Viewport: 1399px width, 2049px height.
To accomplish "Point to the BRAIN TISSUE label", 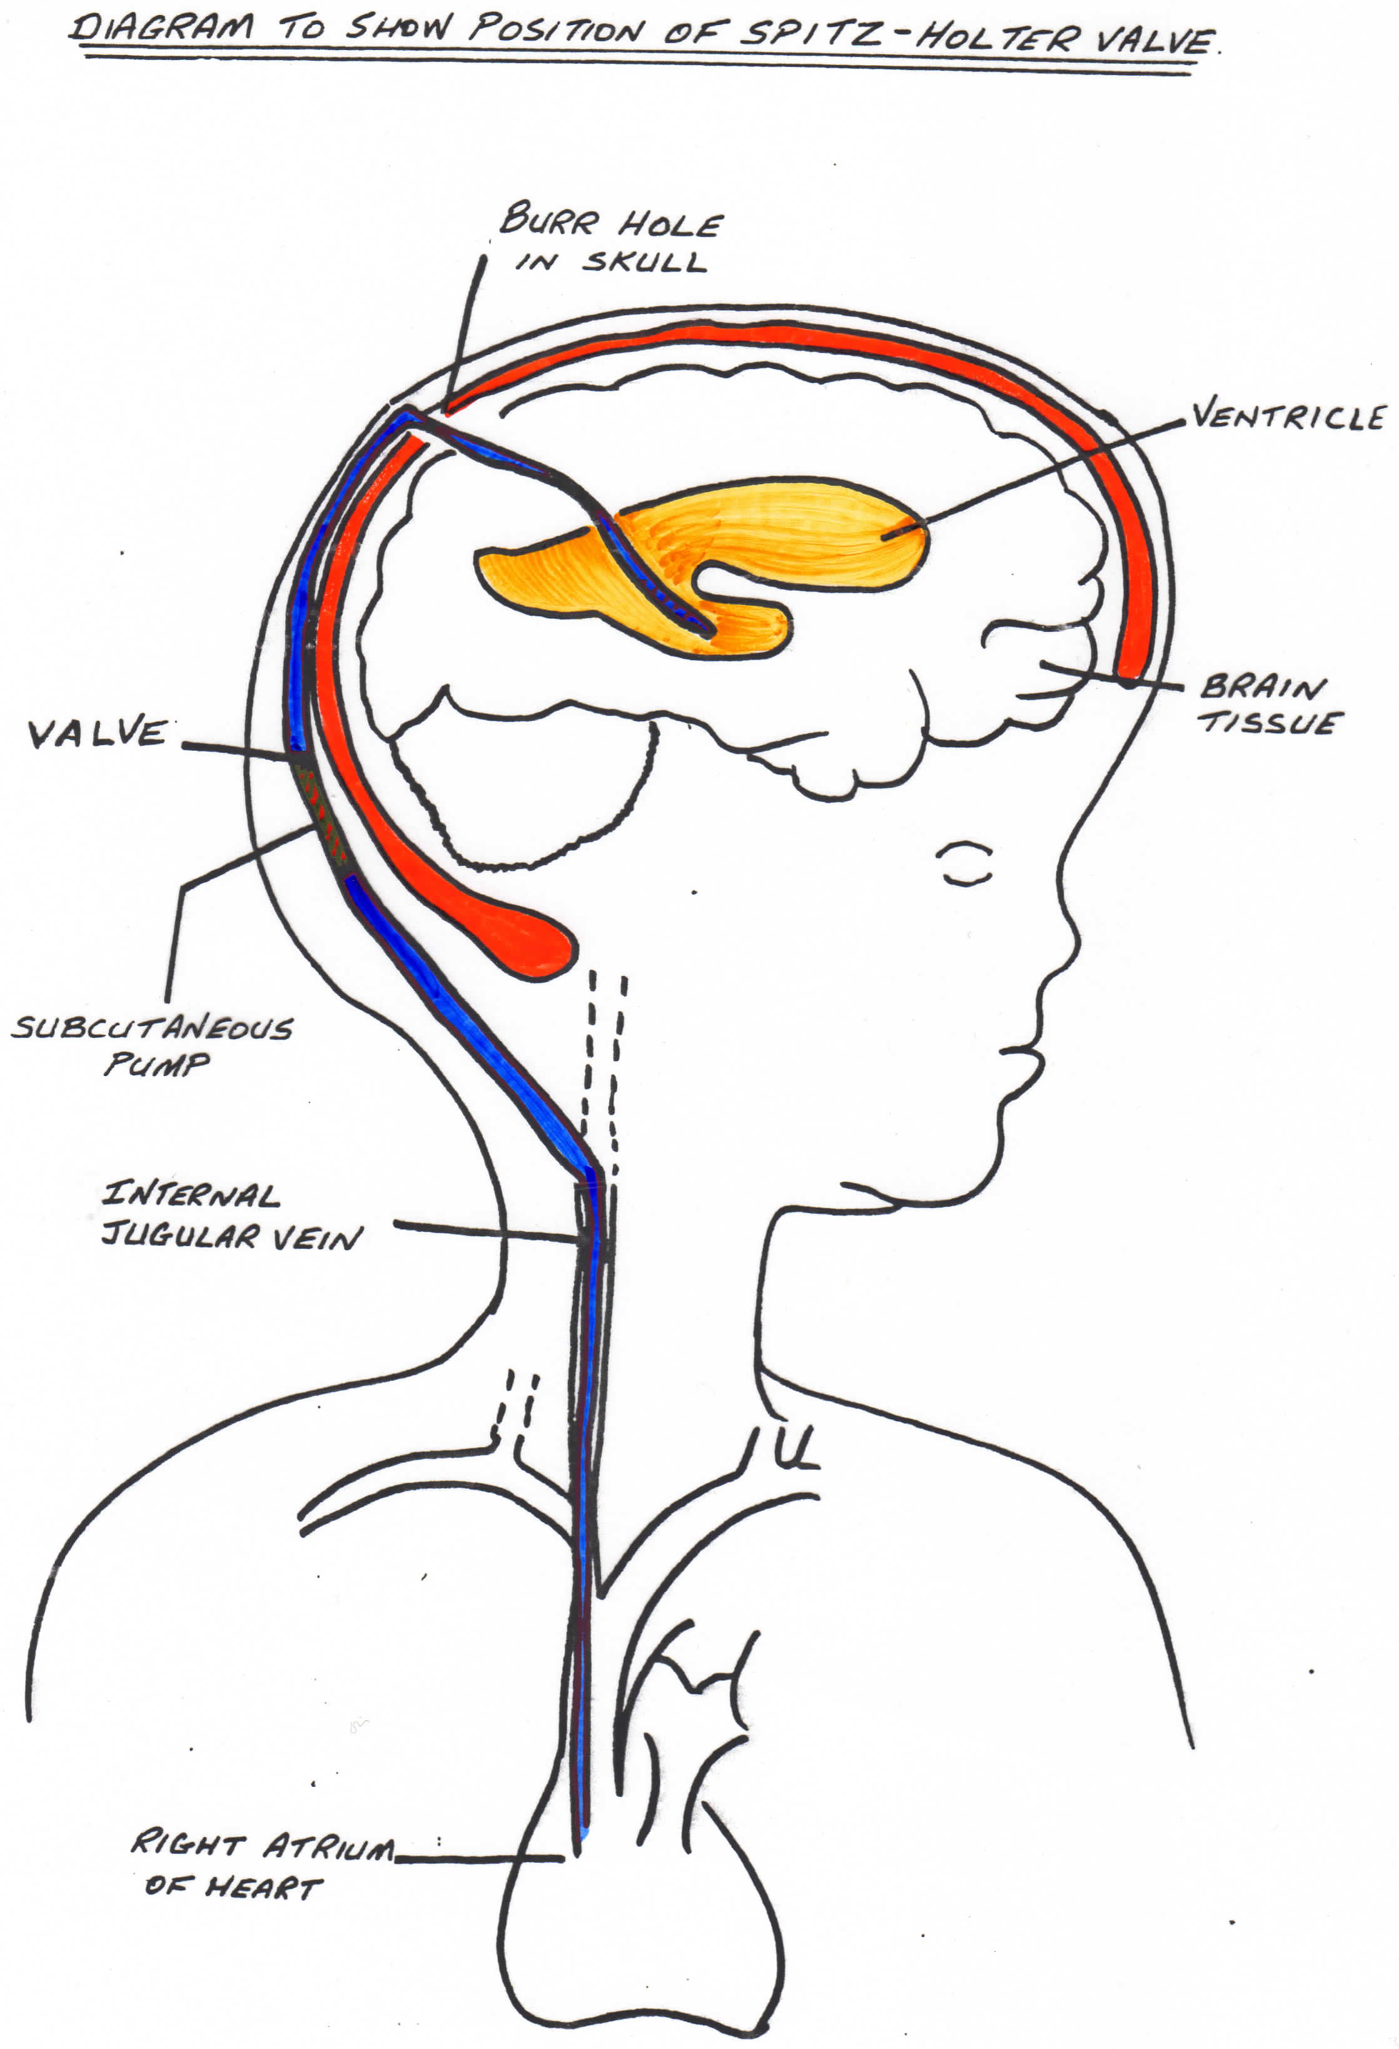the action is (1270, 704).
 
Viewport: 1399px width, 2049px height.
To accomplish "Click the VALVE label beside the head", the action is (98, 733).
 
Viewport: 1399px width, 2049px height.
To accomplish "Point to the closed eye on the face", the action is (965, 865).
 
